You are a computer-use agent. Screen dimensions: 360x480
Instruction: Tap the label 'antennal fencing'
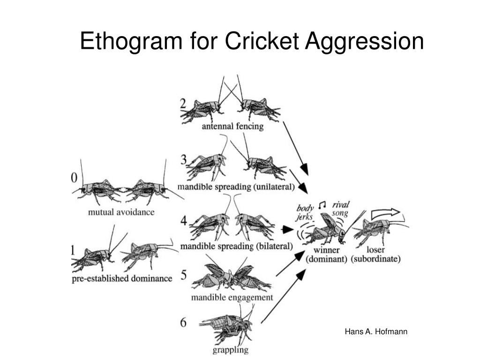coord(232,126)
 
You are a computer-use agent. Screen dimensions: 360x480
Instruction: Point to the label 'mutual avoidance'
coord(121,212)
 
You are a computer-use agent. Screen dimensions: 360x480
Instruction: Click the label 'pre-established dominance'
coord(122,278)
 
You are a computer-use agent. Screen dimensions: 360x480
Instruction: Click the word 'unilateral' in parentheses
coord(274,187)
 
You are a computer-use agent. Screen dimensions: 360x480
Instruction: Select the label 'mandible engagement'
coord(232,297)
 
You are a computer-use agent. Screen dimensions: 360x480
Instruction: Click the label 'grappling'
coord(230,350)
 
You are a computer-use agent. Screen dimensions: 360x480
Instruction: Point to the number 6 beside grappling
coord(183,322)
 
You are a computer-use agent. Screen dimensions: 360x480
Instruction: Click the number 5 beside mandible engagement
coord(183,274)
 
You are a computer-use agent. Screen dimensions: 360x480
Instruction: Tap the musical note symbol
coord(322,205)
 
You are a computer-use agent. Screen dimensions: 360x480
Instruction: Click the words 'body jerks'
coord(305,212)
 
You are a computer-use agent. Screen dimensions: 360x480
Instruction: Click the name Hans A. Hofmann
coord(376,332)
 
